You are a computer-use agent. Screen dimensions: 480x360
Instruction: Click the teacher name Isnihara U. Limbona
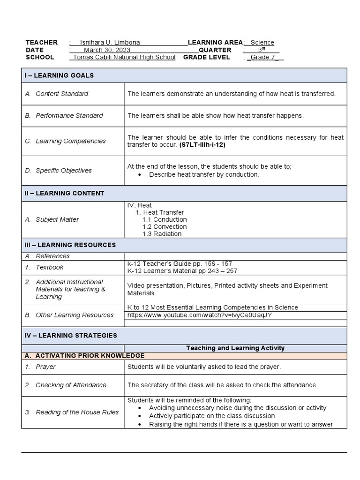[110, 43]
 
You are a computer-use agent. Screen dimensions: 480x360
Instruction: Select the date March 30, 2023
[107, 50]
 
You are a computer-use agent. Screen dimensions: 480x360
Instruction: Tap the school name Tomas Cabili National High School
[122, 57]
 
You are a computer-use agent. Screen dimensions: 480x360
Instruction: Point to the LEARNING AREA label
[215, 43]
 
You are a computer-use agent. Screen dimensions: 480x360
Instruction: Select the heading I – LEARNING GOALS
[59, 75]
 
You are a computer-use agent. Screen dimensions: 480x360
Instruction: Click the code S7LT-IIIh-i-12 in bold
[205, 145]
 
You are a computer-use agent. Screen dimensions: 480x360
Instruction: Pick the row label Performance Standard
[69, 116]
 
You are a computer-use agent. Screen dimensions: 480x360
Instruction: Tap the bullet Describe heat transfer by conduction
[204, 174]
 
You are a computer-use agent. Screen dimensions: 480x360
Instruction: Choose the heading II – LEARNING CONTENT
[64, 193]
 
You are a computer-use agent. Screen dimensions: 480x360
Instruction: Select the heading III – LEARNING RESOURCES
[70, 245]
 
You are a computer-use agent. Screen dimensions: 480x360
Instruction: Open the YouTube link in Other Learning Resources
[200, 315]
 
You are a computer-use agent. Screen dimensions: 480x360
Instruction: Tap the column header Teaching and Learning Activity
[235, 348]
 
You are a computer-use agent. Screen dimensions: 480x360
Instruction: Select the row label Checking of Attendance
[71, 385]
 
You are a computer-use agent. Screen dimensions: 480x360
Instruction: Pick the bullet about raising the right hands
[241, 424]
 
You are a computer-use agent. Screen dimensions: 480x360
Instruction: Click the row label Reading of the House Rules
[77, 412]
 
